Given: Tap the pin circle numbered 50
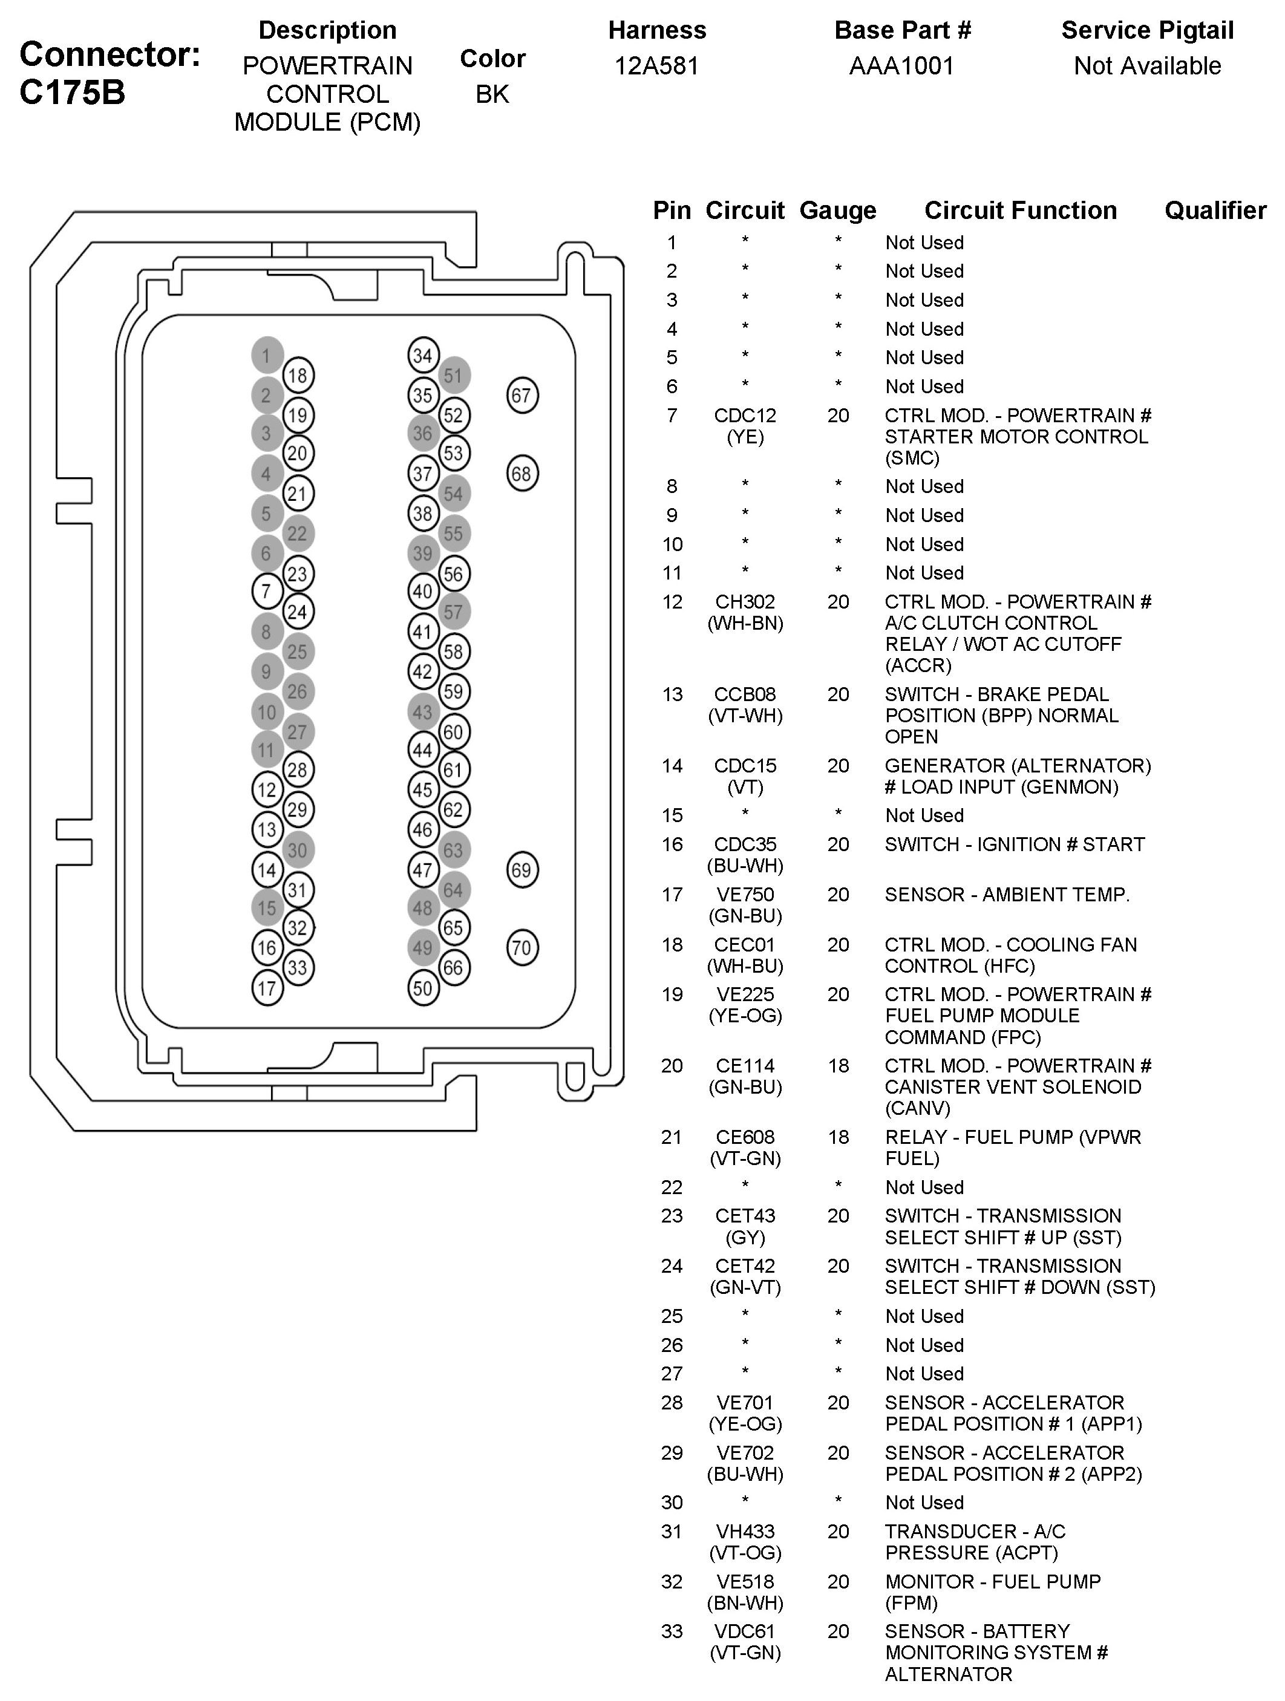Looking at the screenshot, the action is coord(423,988).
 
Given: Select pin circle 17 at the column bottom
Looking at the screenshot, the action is coord(267,988).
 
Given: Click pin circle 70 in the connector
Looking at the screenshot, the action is coord(522,947).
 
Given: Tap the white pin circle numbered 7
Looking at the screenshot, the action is coord(267,592).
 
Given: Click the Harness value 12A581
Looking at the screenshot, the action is coord(657,65).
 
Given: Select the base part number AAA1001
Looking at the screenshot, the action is coord(902,65).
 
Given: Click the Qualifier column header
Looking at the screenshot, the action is coord(1215,210).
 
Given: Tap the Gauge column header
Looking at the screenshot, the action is coord(837,211).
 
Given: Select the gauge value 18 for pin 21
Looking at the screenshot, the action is coord(837,1137).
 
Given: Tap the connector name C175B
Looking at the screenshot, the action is coord(71,93).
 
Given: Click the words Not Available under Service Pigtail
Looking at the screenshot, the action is coord(1147,65).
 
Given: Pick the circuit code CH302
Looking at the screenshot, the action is coord(745,601).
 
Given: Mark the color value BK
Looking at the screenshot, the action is coord(492,94).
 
